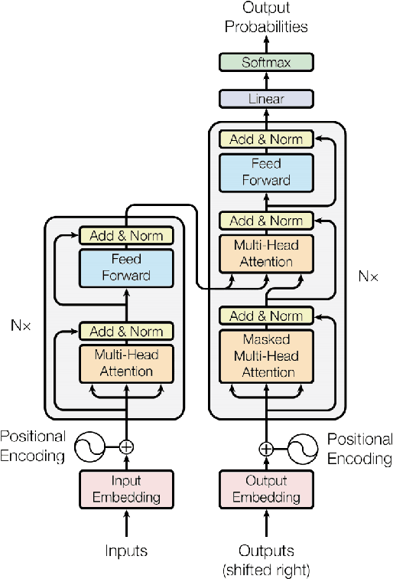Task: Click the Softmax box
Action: pyautogui.click(x=266, y=63)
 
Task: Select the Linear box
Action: pyautogui.click(x=266, y=99)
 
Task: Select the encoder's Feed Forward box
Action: pyautogui.click(x=127, y=267)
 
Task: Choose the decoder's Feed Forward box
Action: pyautogui.click(x=266, y=172)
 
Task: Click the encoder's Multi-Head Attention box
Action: pyautogui.click(x=127, y=363)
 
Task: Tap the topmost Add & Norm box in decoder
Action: pyautogui.click(x=266, y=139)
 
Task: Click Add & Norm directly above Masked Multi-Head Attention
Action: pyautogui.click(x=266, y=316)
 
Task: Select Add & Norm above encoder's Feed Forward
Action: pyautogui.click(x=127, y=235)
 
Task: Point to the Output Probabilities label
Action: pyautogui.click(x=265, y=18)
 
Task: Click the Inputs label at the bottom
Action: pyautogui.click(x=127, y=550)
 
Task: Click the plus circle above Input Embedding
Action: pyautogui.click(x=127, y=447)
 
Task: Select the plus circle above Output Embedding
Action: pyautogui.click(x=266, y=450)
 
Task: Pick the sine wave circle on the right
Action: pyautogui.click(x=303, y=450)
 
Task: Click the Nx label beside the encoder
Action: pyautogui.click(x=22, y=325)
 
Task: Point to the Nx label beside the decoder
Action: pyautogui.click(x=368, y=275)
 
